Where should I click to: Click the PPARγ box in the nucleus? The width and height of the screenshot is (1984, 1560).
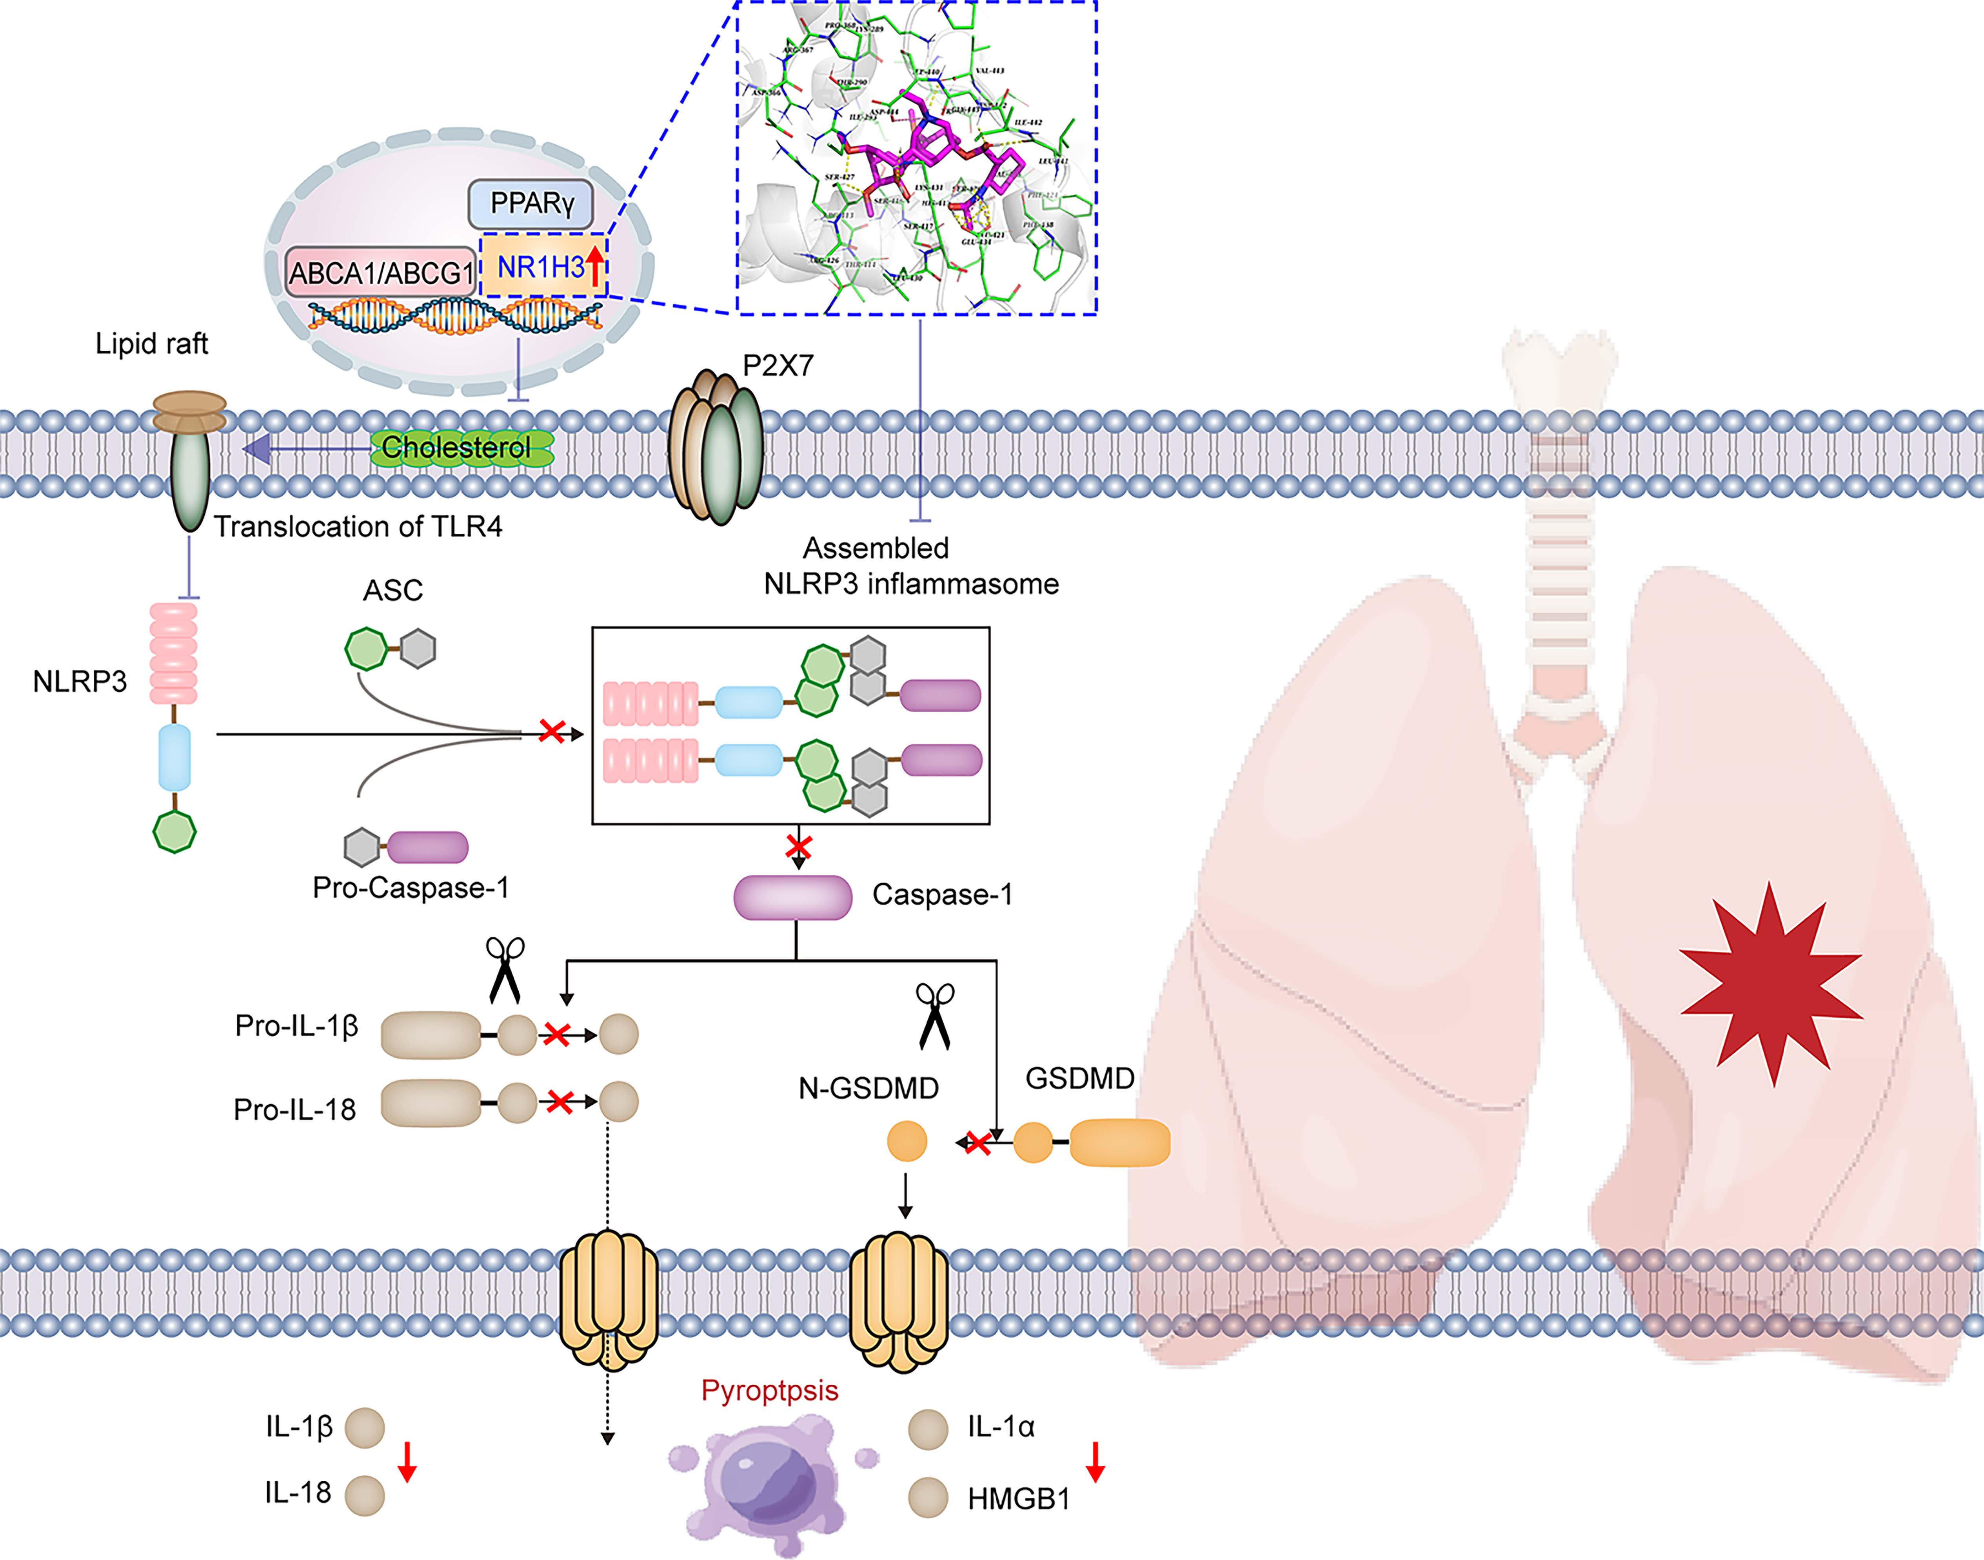click(531, 204)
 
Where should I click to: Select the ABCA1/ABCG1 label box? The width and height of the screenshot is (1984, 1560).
click(381, 272)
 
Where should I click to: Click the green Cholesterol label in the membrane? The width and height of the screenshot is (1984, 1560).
click(456, 447)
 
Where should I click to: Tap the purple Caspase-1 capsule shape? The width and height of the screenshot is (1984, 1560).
click(792, 897)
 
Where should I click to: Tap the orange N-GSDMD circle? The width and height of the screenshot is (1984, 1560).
click(907, 1142)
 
